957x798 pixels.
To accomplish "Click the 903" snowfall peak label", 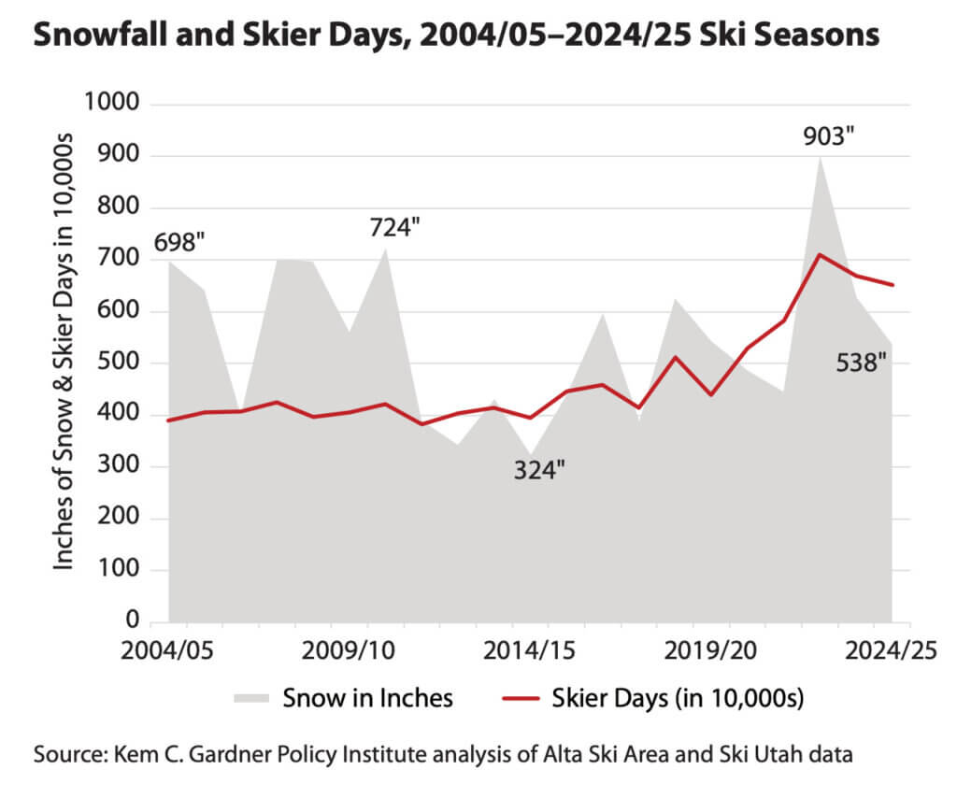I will click(830, 136).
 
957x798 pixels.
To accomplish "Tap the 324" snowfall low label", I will click(540, 470).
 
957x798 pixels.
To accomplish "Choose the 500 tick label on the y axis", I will click(120, 363).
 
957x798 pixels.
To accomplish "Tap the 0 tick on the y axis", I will click(132, 622).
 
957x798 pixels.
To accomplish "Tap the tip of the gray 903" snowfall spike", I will click(821, 156).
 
